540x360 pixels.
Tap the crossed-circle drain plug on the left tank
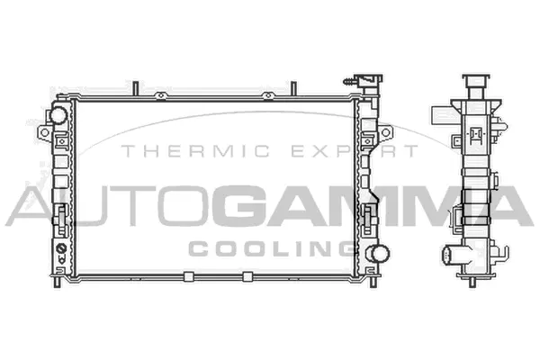(x=61, y=247)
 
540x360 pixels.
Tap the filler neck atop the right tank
(x=367, y=81)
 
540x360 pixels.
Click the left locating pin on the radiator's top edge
(x=133, y=88)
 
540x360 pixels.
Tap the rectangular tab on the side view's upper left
(x=440, y=116)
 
